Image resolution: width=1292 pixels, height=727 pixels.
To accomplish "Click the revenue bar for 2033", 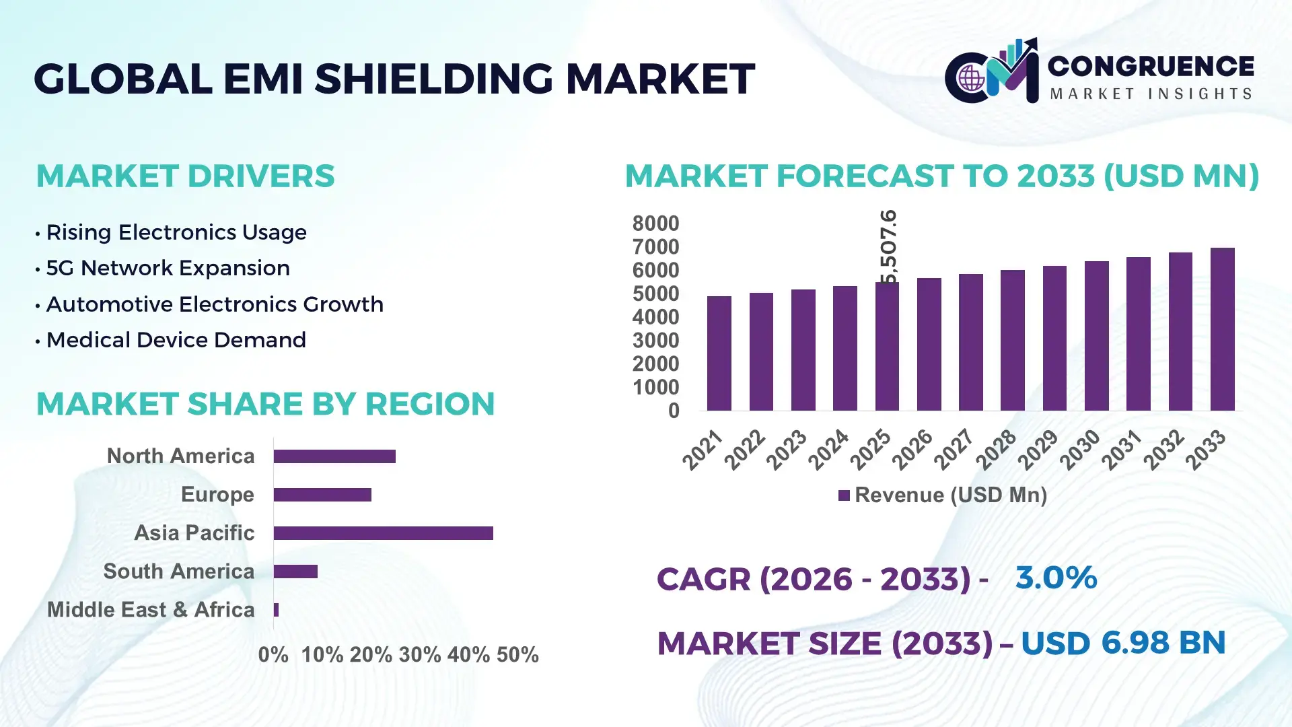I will [x=1222, y=330].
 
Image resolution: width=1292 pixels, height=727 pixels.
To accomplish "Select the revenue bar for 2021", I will [x=719, y=353].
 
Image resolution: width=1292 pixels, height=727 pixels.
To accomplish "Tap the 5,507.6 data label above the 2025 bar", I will [x=888, y=246].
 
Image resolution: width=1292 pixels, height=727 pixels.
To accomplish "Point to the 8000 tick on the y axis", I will [x=655, y=223].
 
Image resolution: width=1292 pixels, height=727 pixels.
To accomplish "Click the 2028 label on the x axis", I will [x=997, y=449].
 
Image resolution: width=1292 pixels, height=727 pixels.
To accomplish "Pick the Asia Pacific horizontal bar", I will [x=383, y=533].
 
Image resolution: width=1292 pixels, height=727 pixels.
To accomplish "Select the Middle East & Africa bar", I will [x=276, y=610].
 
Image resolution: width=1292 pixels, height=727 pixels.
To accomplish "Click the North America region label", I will [x=180, y=456].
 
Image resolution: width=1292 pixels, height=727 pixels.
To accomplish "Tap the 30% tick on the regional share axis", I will [x=419, y=654].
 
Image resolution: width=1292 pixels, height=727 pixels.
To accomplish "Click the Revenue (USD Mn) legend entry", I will [x=942, y=495].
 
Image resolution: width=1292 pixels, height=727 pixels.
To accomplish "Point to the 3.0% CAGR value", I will [x=1056, y=578].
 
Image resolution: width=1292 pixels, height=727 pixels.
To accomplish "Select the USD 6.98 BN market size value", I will [x=1122, y=643].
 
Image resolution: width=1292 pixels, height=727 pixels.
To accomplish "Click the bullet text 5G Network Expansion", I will [x=168, y=268].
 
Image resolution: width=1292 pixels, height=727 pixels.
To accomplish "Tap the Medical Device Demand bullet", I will [x=176, y=340].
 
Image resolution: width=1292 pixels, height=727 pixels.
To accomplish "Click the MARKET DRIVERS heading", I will [x=185, y=176].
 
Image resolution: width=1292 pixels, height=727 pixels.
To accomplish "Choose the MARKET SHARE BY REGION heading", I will [x=265, y=404].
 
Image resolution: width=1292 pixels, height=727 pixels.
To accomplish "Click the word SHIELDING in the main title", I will [x=433, y=79].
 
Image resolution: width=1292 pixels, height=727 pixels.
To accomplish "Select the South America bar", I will [x=295, y=572].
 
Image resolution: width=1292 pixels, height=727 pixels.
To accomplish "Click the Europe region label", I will [x=217, y=494].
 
